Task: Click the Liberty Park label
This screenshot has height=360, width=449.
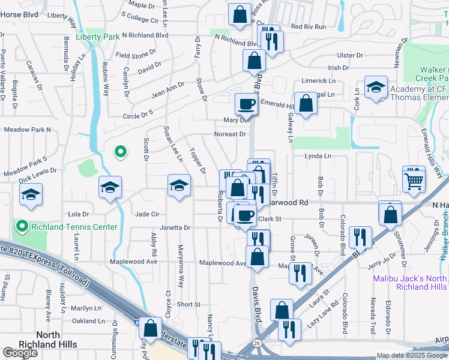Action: coord(98,37)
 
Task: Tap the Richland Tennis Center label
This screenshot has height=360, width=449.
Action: coord(56,226)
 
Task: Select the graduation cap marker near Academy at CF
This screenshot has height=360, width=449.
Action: coord(376,88)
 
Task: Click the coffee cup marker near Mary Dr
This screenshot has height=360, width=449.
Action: coord(246,104)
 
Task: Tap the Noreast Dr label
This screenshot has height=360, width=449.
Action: coord(231,134)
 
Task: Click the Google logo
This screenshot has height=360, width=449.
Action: coord(20,353)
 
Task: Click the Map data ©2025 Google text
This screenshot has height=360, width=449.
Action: coord(412,355)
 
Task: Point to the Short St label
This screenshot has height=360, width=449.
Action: coord(188,305)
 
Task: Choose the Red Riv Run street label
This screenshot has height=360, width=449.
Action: coord(308,27)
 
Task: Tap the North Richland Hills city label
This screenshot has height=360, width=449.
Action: coord(56,339)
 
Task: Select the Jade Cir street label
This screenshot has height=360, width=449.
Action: coord(147,214)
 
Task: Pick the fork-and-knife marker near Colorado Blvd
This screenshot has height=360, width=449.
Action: coord(360,237)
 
